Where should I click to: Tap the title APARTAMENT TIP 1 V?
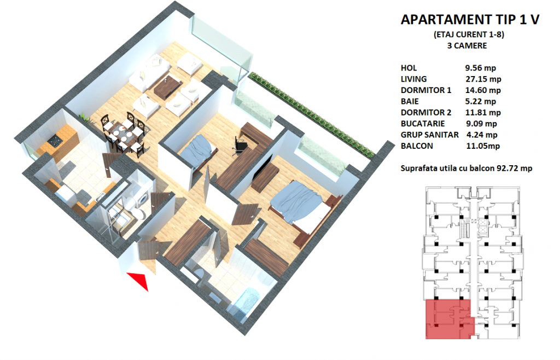pos(470,19)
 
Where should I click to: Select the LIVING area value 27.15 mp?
pos(483,79)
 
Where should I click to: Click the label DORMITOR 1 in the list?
pos(425,90)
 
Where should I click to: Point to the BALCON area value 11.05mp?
pos(483,146)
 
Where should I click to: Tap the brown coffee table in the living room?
pos(168,88)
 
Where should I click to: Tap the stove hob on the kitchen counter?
pos(55,141)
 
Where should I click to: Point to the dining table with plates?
pos(125,135)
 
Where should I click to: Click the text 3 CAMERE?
pos(467,46)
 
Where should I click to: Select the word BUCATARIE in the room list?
pos(423,124)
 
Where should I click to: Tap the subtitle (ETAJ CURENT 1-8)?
pos(469,34)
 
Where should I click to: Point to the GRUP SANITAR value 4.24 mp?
pos(482,135)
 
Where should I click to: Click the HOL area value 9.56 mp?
pos(480,68)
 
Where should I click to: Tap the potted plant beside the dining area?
pos(84,117)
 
